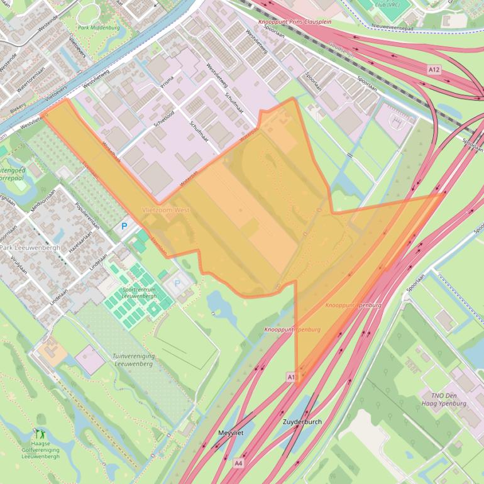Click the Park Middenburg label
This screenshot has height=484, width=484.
[99, 28]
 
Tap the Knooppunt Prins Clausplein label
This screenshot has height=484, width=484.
[295, 21]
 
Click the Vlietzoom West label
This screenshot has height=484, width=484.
[166, 209]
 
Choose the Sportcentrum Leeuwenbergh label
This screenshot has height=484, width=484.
[139, 292]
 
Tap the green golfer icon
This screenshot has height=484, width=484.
[40, 433]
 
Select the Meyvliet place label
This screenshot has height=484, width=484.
[230, 433]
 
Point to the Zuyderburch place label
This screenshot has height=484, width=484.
[302, 422]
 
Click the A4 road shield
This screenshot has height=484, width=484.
[238, 463]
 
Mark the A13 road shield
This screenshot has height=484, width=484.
[291, 377]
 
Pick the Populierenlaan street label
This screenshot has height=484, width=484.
[88, 216]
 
